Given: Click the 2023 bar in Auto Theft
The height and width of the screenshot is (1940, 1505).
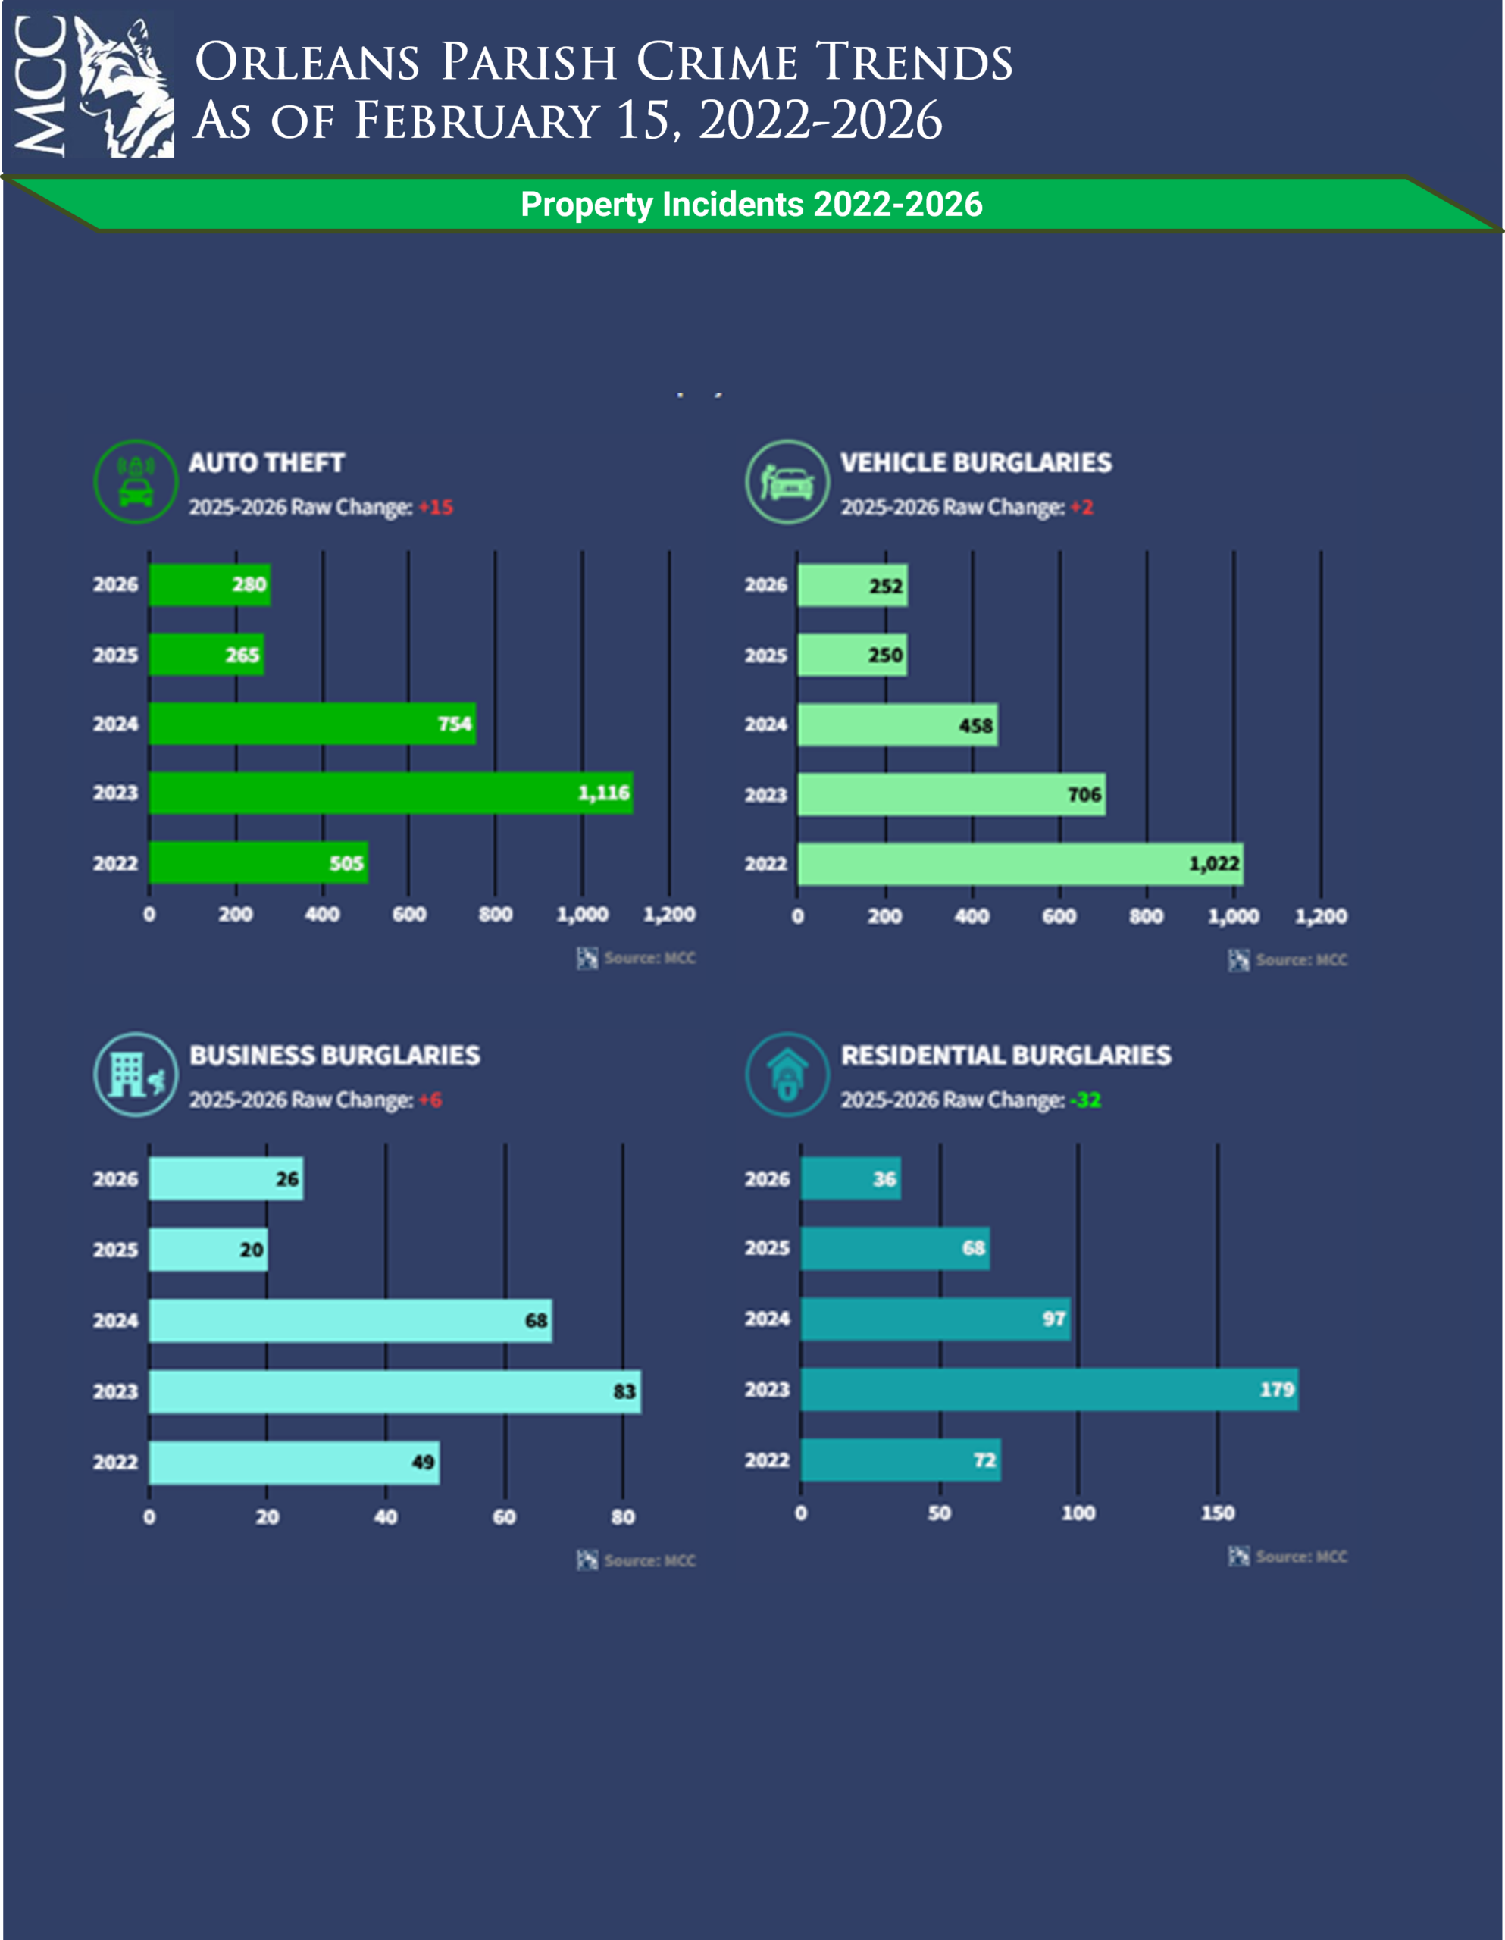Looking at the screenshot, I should click(390, 793).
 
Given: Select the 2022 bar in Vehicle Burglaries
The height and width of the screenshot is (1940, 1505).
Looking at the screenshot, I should click(1019, 863).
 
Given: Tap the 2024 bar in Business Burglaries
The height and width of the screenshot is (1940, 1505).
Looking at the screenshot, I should click(350, 1320).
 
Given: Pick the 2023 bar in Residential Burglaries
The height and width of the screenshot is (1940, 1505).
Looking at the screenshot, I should click(1048, 1389).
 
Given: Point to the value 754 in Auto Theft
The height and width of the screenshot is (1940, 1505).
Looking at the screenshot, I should click(454, 724).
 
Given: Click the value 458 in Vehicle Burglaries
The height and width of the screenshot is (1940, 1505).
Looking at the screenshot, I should click(975, 726).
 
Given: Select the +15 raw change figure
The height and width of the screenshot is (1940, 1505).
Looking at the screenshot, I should click(436, 507).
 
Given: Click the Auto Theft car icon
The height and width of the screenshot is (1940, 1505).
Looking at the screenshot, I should click(136, 481).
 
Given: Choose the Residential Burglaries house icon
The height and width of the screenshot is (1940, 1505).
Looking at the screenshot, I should click(787, 1074).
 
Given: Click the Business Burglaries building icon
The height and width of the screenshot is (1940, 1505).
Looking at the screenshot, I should click(136, 1074).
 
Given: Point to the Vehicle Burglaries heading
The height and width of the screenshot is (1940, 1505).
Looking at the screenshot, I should click(975, 463).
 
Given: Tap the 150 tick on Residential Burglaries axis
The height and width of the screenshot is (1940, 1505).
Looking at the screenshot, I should click(1217, 1513).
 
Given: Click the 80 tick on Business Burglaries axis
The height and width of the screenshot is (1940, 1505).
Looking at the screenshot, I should click(623, 1516).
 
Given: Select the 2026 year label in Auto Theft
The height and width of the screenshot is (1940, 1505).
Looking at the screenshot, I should click(115, 584).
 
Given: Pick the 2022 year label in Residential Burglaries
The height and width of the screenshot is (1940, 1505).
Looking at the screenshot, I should click(767, 1460).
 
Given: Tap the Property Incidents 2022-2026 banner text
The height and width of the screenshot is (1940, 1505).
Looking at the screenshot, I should click(752, 205).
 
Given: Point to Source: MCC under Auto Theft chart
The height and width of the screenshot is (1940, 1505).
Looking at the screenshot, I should click(649, 958).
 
